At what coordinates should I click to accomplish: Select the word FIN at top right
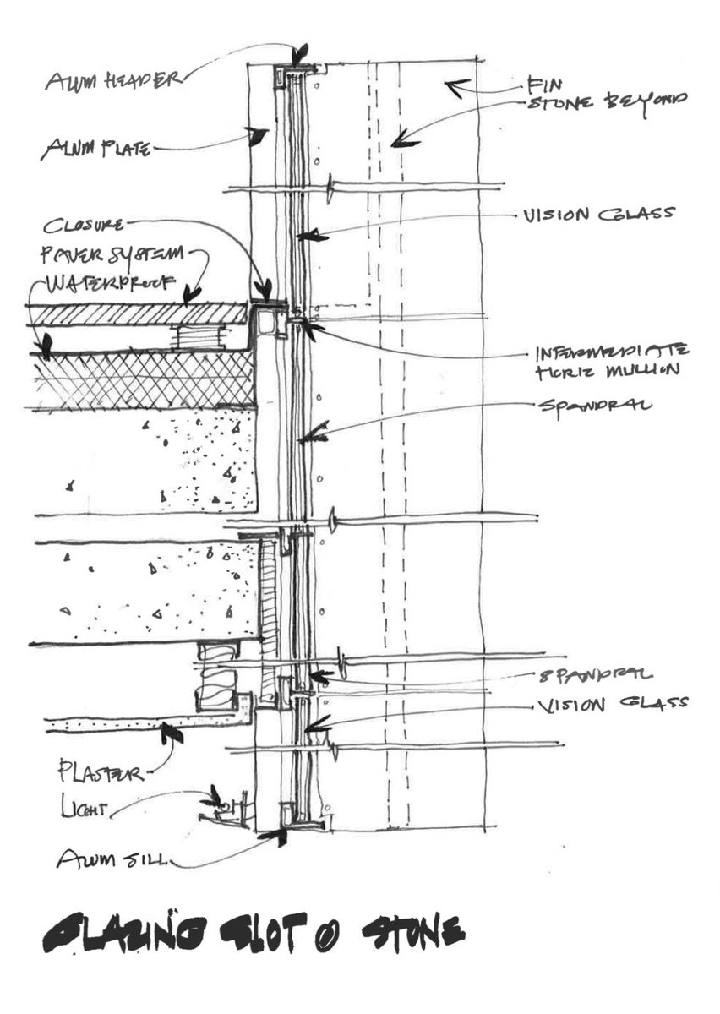coord(538,84)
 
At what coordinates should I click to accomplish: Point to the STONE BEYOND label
coord(607,102)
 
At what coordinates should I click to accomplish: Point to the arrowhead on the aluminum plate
coord(261,134)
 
